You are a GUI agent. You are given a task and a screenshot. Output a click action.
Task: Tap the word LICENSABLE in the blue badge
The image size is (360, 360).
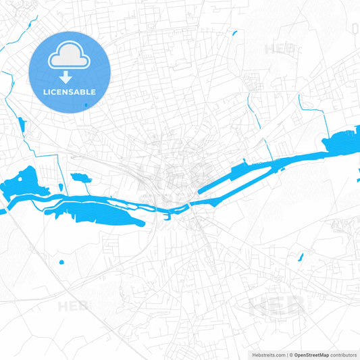(x=69, y=92)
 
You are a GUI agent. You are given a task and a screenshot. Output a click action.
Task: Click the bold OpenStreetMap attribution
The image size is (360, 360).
(x=312, y=355)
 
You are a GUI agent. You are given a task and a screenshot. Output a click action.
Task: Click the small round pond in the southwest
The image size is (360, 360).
(x=61, y=261)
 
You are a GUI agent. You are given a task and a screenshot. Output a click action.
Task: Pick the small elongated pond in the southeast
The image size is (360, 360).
(x=301, y=257)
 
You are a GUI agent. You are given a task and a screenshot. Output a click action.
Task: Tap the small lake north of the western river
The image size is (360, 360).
(x=80, y=179)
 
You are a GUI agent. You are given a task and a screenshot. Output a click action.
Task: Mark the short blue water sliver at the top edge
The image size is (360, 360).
(x=234, y=32)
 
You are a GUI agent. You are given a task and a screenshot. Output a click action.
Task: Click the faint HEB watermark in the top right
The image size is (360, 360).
(x=278, y=49)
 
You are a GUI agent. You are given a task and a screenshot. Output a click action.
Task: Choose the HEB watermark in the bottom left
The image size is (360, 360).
(x=72, y=306)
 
